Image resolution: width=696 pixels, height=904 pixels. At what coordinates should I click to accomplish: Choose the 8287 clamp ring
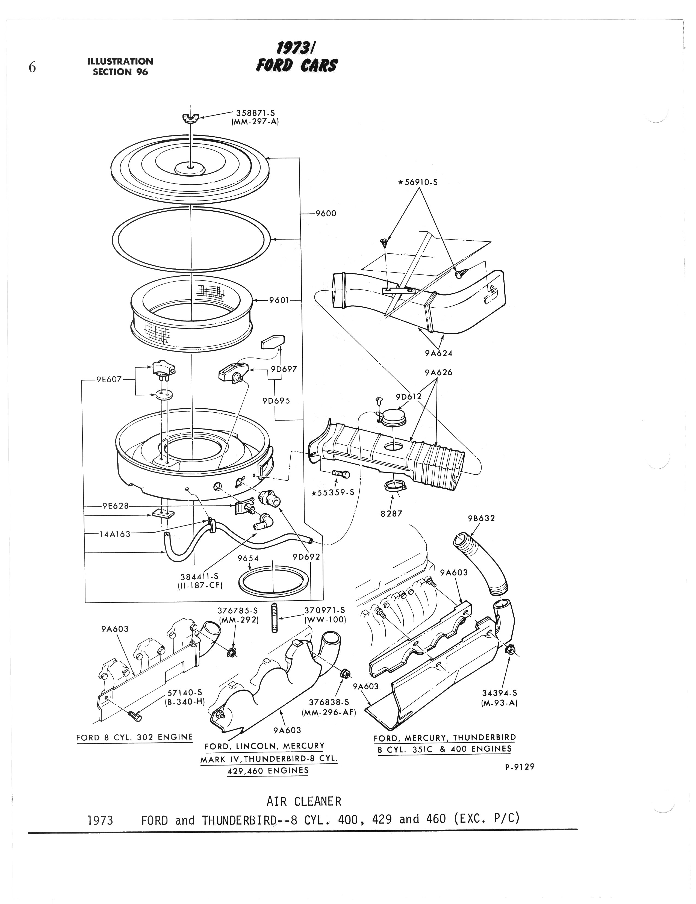click(x=393, y=486)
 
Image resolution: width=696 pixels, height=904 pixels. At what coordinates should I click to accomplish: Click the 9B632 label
click(x=482, y=518)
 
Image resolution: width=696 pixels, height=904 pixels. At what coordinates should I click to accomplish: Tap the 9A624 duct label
click(x=438, y=353)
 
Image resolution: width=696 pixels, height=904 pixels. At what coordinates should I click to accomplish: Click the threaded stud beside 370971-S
click(x=274, y=618)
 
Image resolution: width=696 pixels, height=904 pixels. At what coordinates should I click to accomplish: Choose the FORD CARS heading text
click(x=296, y=64)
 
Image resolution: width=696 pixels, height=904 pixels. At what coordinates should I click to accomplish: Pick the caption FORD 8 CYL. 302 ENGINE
click(x=135, y=737)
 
